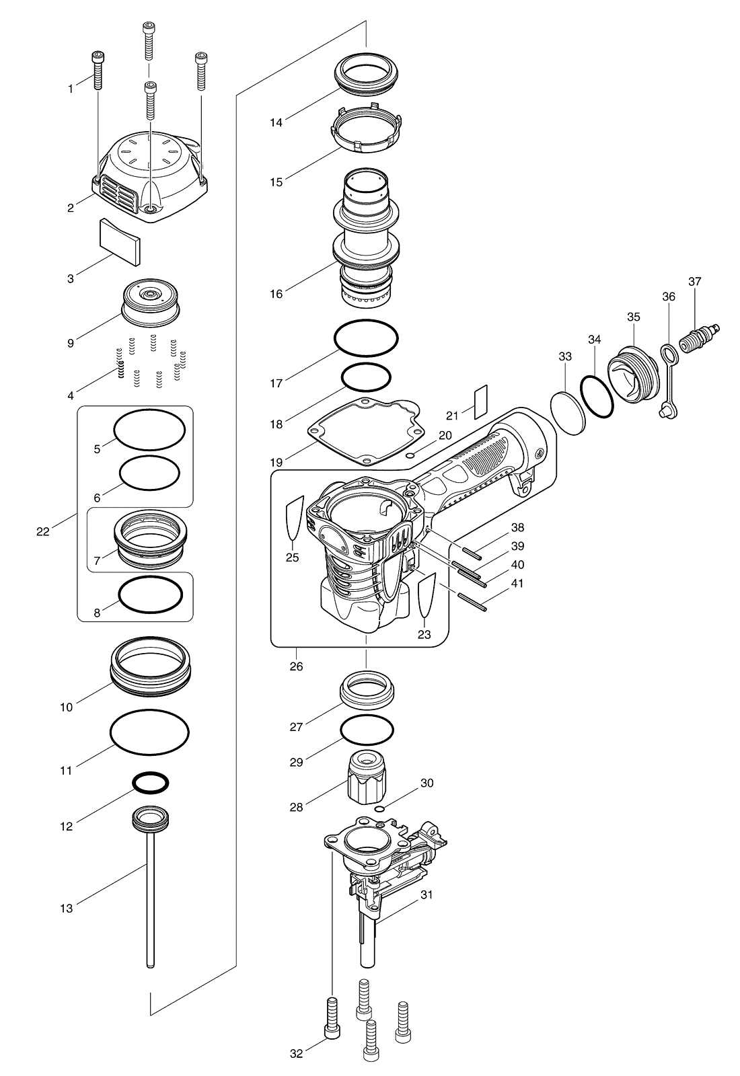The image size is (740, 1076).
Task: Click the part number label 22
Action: click(43, 532)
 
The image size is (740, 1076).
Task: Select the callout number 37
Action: click(695, 282)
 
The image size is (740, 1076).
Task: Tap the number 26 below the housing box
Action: click(297, 666)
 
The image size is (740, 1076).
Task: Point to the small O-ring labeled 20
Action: click(410, 455)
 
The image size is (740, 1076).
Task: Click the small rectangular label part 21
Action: click(480, 401)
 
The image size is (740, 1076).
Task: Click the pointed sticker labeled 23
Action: click(427, 595)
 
